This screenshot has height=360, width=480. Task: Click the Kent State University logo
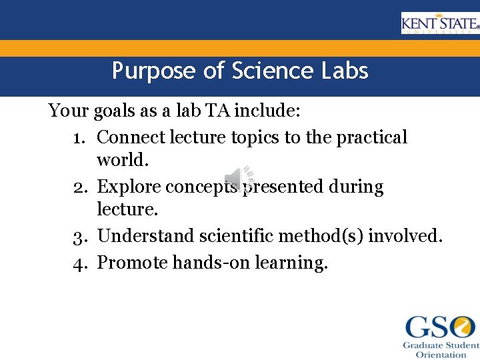[x=439, y=23]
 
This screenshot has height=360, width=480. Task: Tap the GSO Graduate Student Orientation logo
[x=441, y=337]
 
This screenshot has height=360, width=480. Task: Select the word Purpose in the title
[x=154, y=71]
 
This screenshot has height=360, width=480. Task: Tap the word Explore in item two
[x=129, y=187]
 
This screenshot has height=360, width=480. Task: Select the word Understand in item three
[x=141, y=236]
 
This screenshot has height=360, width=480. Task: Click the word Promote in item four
[x=132, y=263]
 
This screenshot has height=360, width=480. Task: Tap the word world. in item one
[x=121, y=160]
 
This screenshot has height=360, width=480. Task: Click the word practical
[x=371, y=137]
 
